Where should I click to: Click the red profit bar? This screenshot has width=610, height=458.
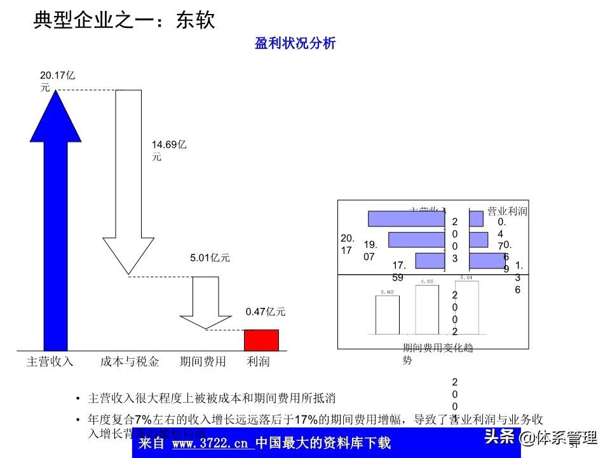(x=262, y=340)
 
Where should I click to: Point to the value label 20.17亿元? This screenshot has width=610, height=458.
(x=57, y=81)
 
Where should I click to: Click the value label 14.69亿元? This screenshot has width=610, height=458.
(x=168, y=151)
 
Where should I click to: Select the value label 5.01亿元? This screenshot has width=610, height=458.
(x=210, y=258)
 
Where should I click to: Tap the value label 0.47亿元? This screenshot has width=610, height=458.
(x=266, y=312)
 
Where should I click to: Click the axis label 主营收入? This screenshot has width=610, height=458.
(x=50, y=362)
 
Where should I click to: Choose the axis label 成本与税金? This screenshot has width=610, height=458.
(x=129, y=362)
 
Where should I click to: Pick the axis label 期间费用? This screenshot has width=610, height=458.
(x=203, y=362)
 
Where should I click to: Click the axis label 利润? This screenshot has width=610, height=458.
(x=259, y=362)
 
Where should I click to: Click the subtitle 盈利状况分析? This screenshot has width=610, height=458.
(x=295, y=43)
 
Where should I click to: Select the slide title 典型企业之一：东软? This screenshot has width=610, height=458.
(x=124, y=20)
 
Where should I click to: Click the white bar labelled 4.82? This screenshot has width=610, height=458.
(x=427, y=310)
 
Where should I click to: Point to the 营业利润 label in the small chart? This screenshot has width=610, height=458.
(x=507, y=211)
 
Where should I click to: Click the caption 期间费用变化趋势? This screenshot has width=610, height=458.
(x=437, y=354)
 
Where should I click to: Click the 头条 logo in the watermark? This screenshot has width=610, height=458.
(x=499, y=437)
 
